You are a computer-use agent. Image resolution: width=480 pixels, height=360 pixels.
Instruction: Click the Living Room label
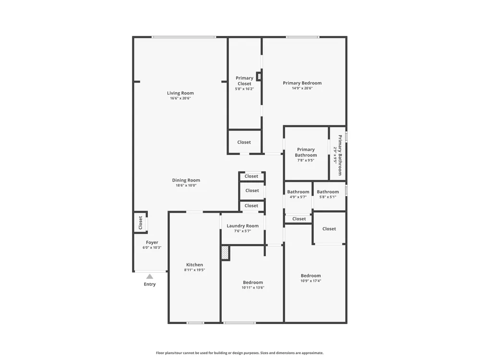[x=180, y=93]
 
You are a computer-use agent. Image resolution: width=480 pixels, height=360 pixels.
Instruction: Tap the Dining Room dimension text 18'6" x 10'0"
[x=186, y=185]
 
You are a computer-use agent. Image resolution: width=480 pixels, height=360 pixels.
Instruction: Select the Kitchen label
[x=195, y=265]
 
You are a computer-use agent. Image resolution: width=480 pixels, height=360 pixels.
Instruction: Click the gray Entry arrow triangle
[x=149, y=276]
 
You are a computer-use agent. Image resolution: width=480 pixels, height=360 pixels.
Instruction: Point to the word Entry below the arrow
[x=150, y=284]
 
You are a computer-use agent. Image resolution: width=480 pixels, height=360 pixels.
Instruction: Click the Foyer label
[x=152, y=242]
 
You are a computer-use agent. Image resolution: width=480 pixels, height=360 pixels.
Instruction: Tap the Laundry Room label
[x=243, y=226]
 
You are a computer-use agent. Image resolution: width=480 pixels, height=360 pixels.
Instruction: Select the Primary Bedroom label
[x=302, y=83]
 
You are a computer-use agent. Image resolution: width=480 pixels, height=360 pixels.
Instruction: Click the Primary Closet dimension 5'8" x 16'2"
[x=244, y=89]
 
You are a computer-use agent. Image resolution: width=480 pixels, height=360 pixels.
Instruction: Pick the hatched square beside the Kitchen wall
[x=225, y=253]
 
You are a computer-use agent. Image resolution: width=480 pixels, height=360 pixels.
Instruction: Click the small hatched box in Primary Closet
[x=259, y=76]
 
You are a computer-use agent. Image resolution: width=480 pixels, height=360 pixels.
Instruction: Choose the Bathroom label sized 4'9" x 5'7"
[x=298, y=192]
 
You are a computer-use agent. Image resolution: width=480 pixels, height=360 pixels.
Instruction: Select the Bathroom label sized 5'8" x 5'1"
[x=328, y=192]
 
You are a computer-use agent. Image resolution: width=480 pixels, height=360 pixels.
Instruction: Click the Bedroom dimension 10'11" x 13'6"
[x=253, y=288]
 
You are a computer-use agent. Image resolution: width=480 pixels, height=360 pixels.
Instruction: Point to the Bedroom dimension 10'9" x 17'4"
[x=311, y=281]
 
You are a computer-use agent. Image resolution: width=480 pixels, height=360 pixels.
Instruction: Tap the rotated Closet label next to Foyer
[x=141, y=223]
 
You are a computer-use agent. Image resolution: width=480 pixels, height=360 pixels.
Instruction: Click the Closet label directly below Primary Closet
[x=244, y=143]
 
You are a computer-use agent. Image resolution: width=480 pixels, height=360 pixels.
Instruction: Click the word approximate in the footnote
[x=312, y=353]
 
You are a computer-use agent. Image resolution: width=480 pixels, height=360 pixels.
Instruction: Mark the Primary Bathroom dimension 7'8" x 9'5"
[x=306, y=160]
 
